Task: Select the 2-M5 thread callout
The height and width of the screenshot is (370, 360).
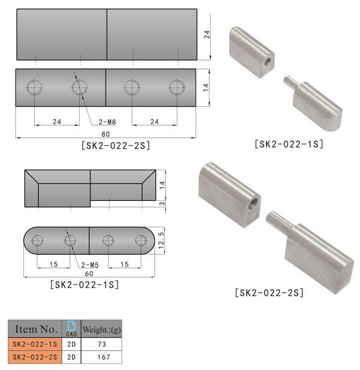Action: coord(90,264)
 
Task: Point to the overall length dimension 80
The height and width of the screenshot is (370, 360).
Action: coord(107,134)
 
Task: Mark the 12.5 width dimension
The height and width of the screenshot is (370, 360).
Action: coord(160,240)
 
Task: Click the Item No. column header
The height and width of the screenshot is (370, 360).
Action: coord(34,329)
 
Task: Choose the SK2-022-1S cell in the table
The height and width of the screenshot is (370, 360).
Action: coord(34,345)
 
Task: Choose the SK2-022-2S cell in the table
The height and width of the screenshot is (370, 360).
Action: coord(34,357)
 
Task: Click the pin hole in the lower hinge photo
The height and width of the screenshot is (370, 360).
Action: coord(255,203)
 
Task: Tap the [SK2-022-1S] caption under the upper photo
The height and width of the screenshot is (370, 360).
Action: coord(289,144)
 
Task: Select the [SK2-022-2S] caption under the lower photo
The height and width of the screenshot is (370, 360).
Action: coord(269,293)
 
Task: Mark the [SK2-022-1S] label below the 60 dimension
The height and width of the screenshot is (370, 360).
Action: coord(83,284)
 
